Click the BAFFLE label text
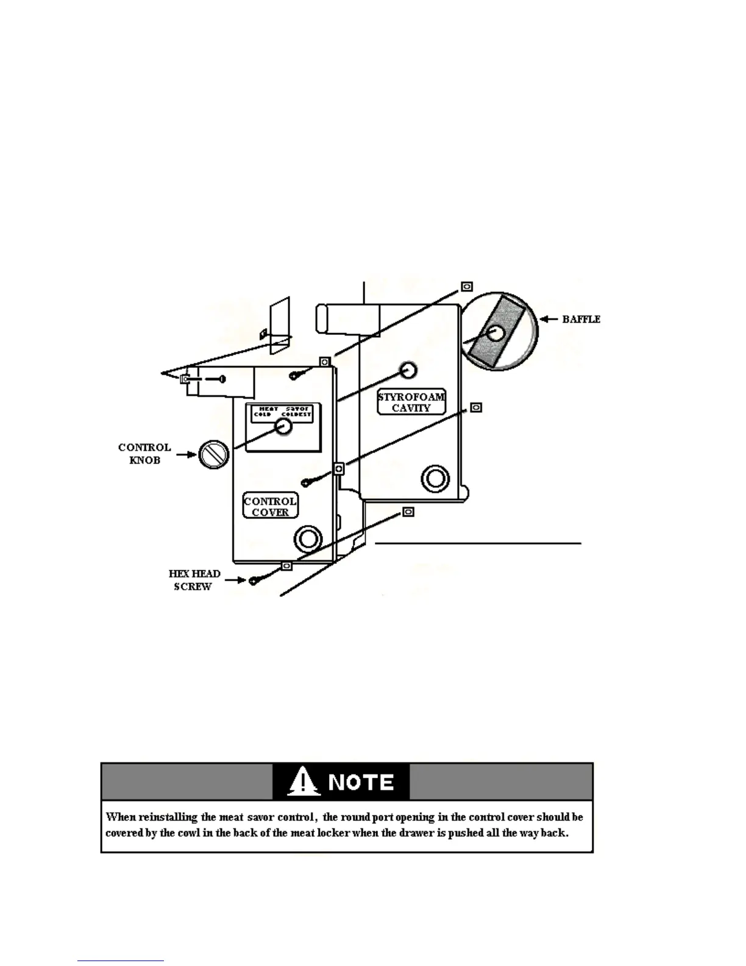pos(581,319)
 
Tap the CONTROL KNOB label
pos(144,454)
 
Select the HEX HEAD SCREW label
pos(194,580)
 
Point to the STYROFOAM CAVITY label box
pos(411,402)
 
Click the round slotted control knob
pos(213,454)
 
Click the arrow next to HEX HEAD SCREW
pos(235,580)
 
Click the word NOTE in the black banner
pos(361,782)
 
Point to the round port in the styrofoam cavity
pos(435,479)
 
